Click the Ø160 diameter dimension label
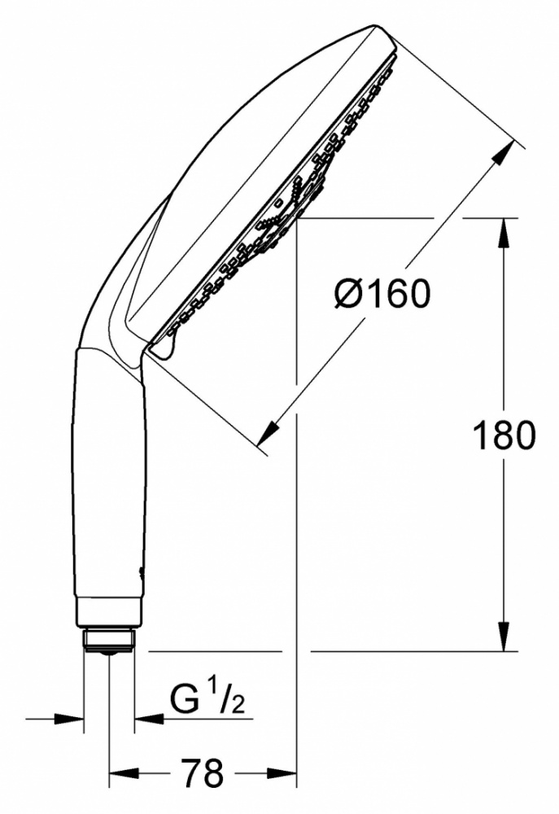[x=382, y=293]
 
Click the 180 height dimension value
[x=504, y=435]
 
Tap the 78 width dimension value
[x=203, y=772]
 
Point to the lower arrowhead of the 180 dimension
[x=504, y=636]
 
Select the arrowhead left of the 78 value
[x=124, y=772]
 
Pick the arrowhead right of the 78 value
[x=281, y=772]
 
